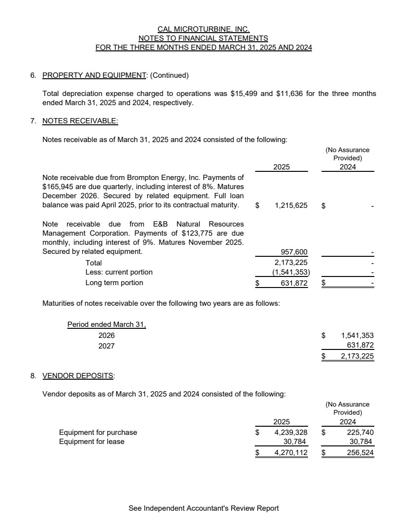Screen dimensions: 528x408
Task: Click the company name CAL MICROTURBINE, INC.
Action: tap(204, 29)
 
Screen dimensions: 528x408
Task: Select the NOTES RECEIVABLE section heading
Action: tap(80, 121)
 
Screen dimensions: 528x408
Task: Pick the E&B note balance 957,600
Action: tap(294, 252)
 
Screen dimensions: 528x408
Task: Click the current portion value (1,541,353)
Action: tap(291, 272)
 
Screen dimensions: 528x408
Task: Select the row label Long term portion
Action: tap(114, 283)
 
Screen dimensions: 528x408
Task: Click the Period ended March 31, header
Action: tap(106, 324)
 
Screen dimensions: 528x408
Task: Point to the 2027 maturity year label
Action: tap(106, 346)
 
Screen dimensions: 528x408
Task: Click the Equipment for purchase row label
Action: tap(98, 432)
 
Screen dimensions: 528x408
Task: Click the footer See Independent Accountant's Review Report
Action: tap(204, 508)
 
